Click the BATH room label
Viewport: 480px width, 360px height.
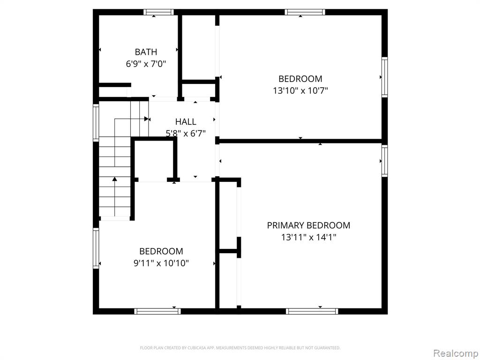click(146, 52)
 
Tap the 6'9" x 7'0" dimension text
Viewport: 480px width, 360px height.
click(146, 64)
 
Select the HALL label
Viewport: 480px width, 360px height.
click(186, 121)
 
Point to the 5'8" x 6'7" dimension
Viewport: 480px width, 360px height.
click(186, 133)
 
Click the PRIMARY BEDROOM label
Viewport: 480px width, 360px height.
click(308, 225)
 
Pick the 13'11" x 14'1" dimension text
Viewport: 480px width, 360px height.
click(308, 237)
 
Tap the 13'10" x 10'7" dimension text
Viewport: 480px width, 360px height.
click(300, 90)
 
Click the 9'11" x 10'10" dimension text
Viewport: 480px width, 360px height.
click(161, 263)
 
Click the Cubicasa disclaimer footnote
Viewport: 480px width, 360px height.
click(240, 348)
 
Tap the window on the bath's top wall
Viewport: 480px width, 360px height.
click(158, 12)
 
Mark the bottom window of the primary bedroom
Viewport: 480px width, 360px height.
click(312, 311)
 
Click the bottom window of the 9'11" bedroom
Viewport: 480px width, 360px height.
click(157, 311)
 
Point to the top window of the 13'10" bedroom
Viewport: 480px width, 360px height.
click(305, 12)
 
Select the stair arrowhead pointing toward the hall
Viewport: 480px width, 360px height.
click(147, 119)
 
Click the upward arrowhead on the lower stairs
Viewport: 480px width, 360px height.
click(114, 179)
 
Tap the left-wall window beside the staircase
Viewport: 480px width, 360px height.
click(96, 122)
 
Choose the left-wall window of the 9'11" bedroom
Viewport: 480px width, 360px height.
click(96, 248)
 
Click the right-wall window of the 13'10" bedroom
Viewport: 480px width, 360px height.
click(384, 77)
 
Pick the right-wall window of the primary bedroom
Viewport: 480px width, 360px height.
click(384, 161)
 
